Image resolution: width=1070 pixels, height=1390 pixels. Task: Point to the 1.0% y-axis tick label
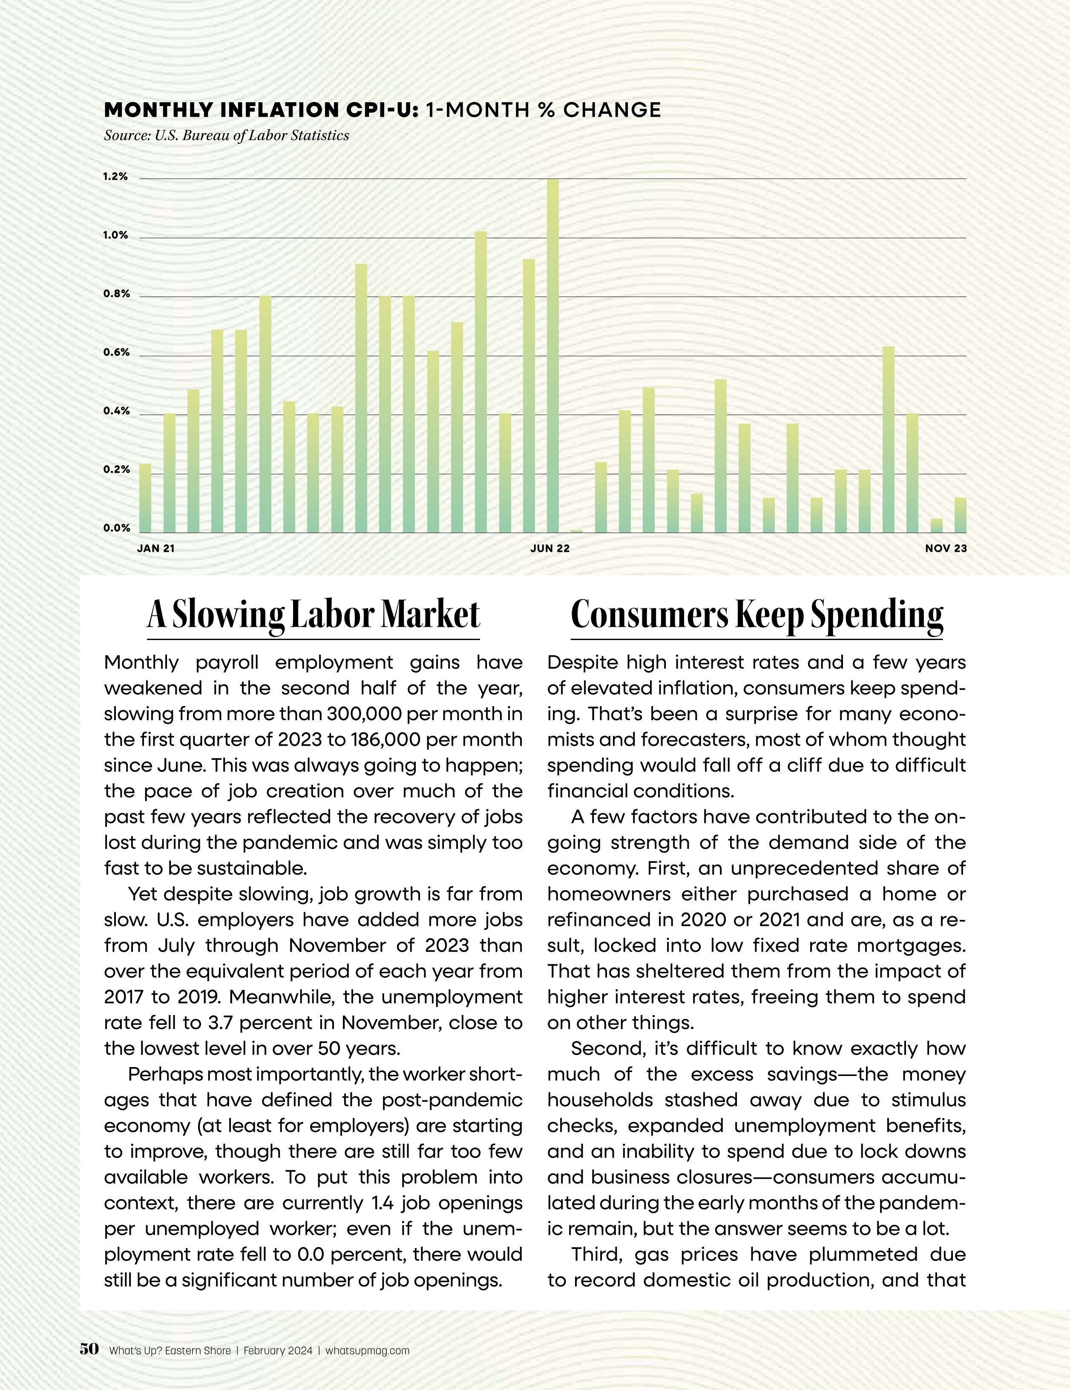(x=116, y=236)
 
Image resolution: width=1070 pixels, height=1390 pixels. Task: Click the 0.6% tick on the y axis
(x=116, y=352)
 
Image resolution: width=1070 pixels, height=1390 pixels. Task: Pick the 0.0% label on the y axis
(x=116, y=528)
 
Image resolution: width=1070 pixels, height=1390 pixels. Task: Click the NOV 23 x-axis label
(x=946, y=548)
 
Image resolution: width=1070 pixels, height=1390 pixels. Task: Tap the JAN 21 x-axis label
(x=156, y=548)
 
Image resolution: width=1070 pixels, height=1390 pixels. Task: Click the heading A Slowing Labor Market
(x=313, y=615)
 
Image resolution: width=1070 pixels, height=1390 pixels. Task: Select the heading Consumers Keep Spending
(x=756, y=615)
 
